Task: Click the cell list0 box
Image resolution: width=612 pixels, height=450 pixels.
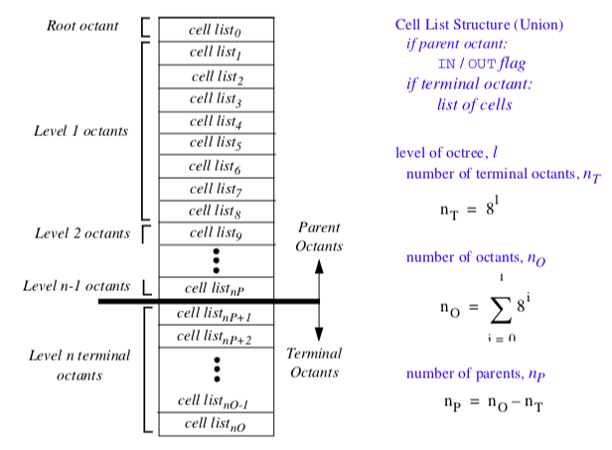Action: click(216, 29)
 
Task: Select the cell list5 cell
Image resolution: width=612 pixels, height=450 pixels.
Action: click(216, 143)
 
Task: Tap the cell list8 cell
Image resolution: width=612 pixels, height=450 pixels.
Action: click(216, 211)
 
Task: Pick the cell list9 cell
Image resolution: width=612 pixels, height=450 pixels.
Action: click(216, 233)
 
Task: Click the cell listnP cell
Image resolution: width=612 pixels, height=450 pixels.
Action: click(216, 289)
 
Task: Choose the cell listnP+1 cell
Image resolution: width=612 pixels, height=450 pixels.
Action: click(216, 314)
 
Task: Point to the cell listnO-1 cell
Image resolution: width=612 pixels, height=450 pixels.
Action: click(216, 401)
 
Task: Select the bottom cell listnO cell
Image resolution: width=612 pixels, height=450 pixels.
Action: click(216, 424)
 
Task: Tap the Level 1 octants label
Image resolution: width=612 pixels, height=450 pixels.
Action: click(80, 130)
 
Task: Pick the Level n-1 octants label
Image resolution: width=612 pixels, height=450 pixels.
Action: click(76, 286)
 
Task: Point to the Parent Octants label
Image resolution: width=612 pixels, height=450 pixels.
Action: click(318, 236)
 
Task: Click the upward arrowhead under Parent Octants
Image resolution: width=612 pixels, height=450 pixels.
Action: click(319, 265)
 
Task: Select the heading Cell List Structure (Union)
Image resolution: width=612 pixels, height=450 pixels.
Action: click(479, 24)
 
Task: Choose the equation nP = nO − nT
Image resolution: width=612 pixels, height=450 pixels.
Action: click(494, 402)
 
